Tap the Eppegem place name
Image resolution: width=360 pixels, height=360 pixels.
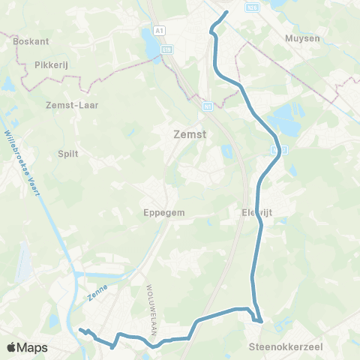pos(163,212)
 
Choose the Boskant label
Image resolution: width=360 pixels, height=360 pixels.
pos(31,42)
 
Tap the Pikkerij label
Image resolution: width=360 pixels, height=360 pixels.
pos(51,65)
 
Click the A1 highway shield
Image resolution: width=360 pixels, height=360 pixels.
pos(158,31)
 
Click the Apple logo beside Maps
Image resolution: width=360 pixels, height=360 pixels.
pos(13,347)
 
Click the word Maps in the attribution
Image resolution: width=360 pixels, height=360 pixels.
pos(32,348)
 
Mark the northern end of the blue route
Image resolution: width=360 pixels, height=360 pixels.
pos(226,12)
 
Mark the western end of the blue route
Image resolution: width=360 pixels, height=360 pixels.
pos(79,329)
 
